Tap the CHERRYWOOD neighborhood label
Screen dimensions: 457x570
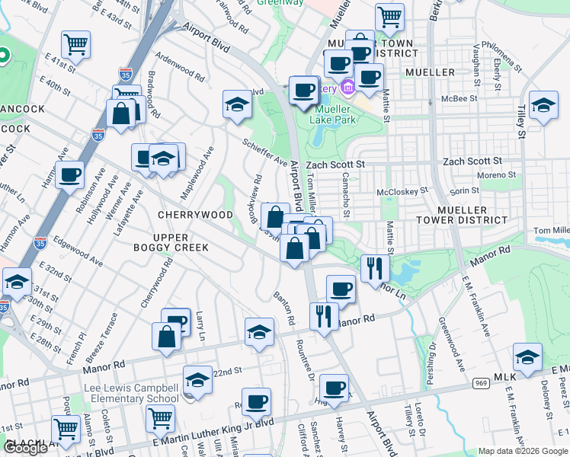194,216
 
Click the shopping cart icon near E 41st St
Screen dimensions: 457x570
75,45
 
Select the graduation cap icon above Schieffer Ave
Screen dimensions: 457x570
237,104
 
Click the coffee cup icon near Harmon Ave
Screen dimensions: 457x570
70,174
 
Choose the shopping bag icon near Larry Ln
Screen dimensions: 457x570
166,337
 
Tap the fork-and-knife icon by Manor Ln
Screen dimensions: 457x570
374,269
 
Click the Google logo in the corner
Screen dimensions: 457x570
25,448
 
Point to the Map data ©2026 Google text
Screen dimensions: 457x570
523,451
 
